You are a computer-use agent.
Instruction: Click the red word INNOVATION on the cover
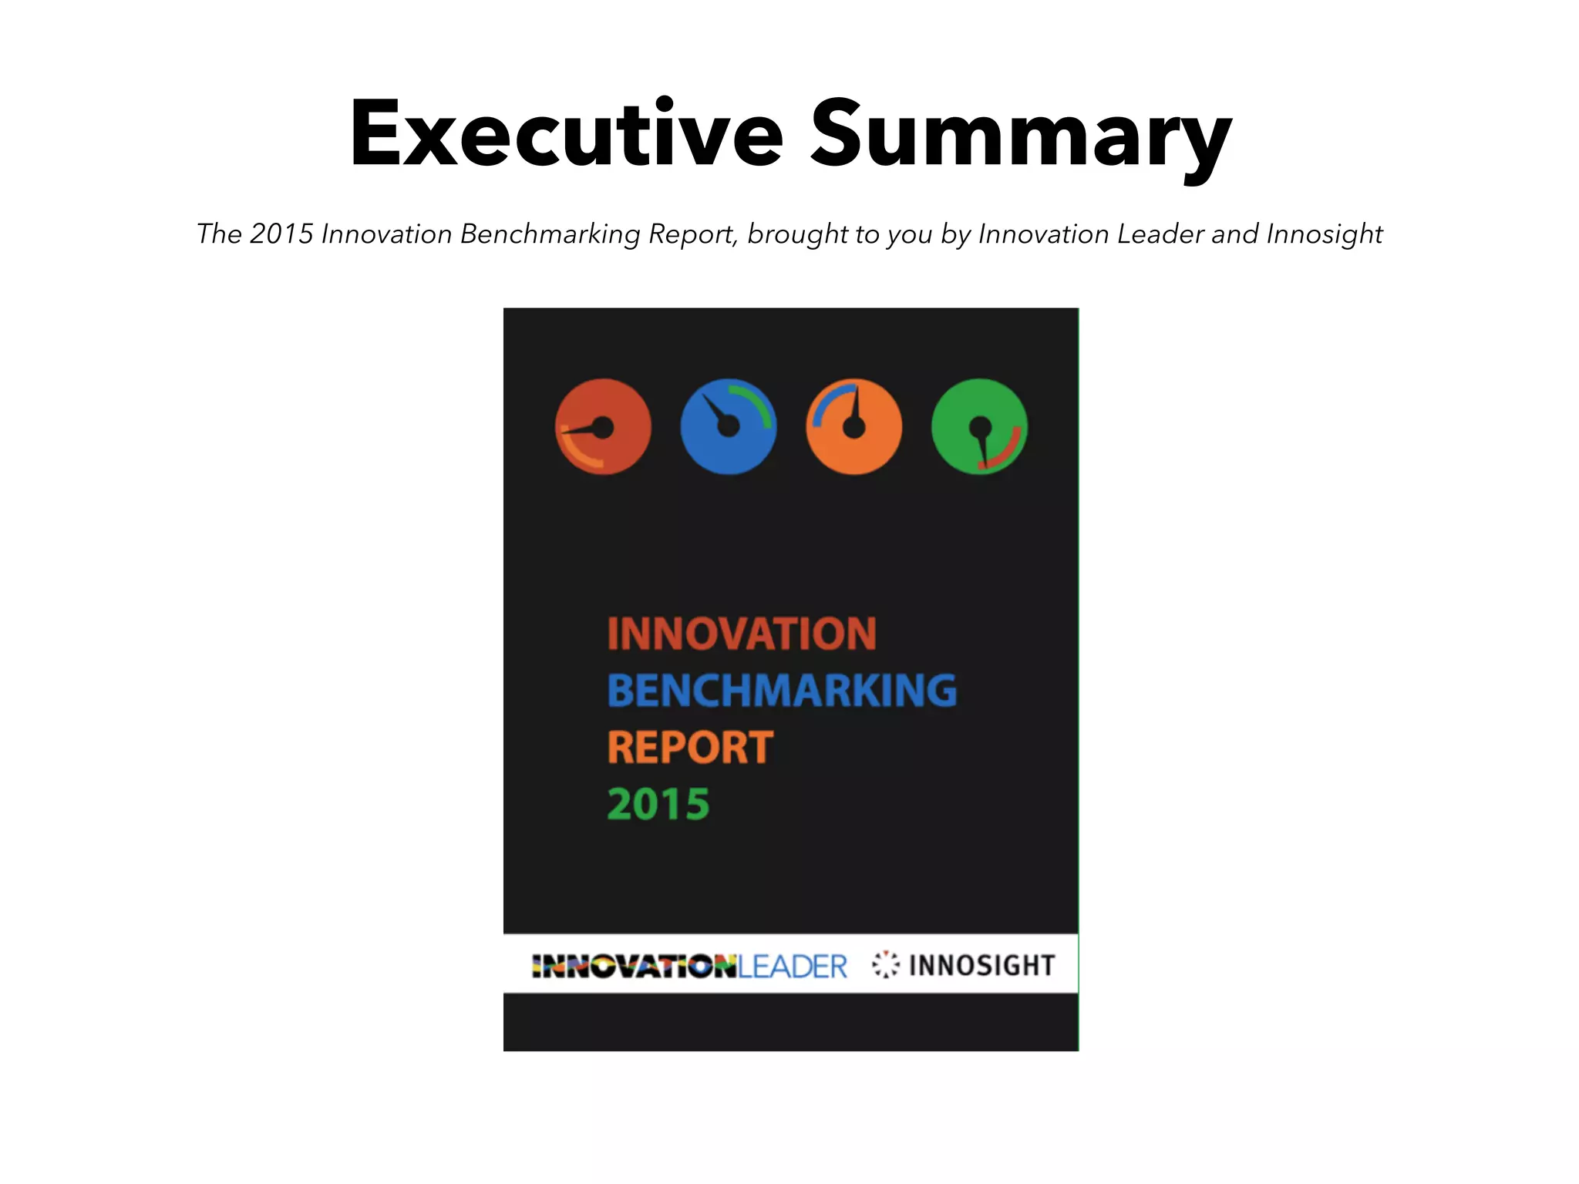[742, 634]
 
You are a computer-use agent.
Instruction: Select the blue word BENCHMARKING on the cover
[782, 690]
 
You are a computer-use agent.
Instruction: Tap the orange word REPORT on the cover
[690, 747]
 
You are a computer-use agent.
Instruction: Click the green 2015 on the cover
[658, 804]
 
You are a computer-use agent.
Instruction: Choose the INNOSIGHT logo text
[981, 965]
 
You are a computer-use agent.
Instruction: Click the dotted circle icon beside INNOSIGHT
[886, 964]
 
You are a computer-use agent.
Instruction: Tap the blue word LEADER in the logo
[793, 967]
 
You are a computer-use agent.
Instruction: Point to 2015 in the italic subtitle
[281, 234]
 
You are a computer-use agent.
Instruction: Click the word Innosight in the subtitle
[1324, 234]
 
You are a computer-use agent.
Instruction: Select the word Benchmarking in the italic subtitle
[550, 234]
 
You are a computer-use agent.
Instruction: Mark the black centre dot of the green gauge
[980, 425]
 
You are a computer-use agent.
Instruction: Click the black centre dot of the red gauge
[603, 427]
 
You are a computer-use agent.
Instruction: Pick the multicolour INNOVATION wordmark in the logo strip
[635, 967]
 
